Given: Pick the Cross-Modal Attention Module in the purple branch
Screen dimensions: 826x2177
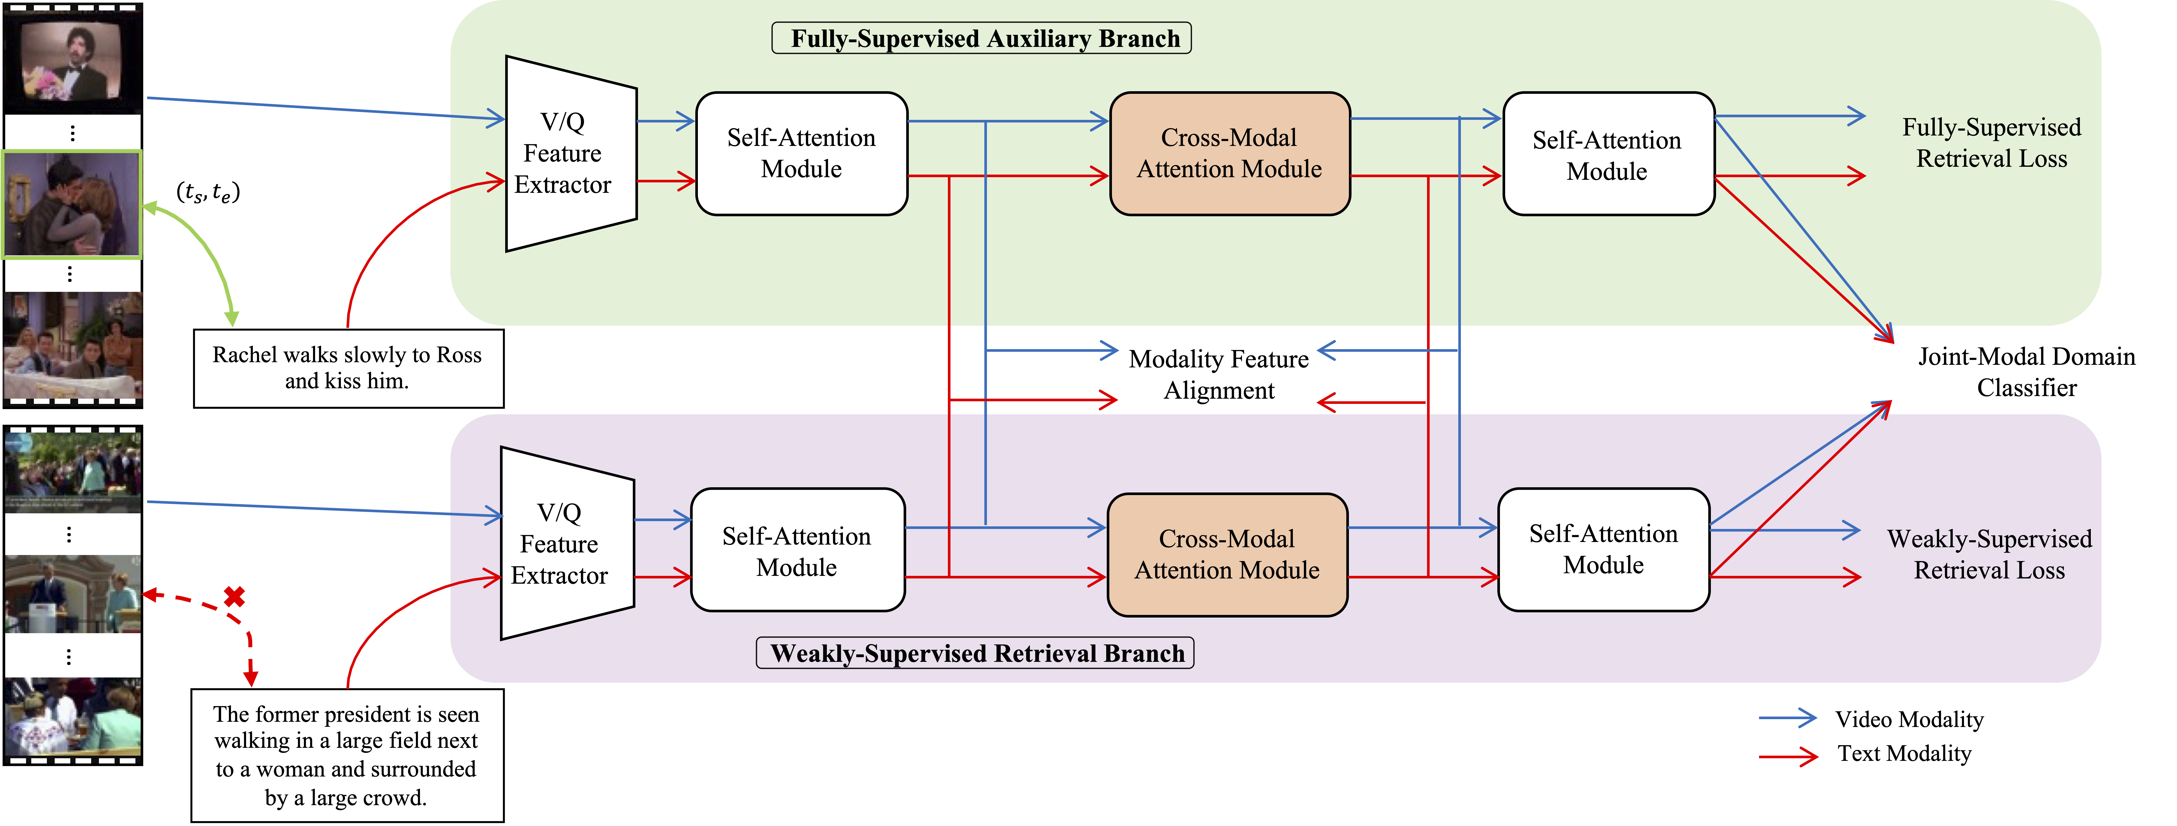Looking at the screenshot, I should click(1227, 554).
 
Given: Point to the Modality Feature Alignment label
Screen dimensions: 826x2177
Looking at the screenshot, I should click(1219, 374).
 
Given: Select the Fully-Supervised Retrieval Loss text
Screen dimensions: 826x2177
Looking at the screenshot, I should click(1991, 143).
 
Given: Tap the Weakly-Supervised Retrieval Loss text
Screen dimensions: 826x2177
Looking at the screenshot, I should click(1990, 554).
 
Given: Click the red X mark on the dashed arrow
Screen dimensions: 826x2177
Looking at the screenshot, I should click(234, 597).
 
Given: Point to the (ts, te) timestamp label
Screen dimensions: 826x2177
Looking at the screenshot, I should click(208, 192).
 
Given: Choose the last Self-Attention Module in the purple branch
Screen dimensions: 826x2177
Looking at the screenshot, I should click(1603, 550).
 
